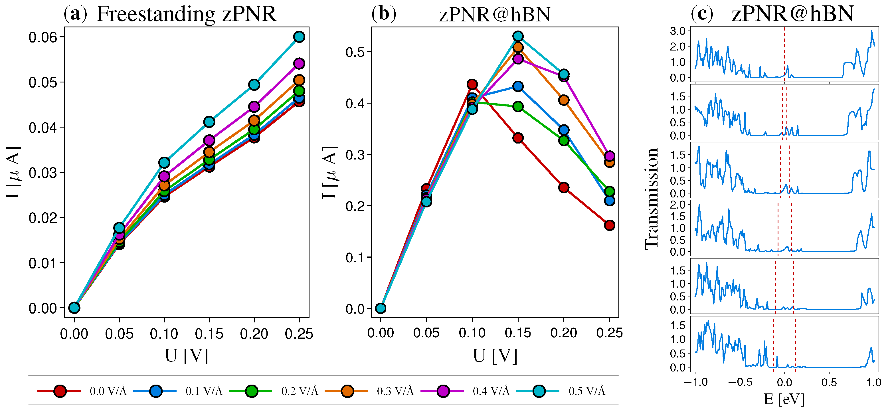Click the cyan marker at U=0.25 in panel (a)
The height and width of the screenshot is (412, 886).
(299, 37)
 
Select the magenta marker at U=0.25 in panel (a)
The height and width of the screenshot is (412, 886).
(299, 64)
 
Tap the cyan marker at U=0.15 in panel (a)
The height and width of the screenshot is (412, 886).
(209, 122)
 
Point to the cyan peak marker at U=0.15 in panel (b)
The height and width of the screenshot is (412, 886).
(518, 36)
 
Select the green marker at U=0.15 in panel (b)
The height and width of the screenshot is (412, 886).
(518, 107)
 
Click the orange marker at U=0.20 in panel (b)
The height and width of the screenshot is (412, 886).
(564, 100)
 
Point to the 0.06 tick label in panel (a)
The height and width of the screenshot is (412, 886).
(43, 37)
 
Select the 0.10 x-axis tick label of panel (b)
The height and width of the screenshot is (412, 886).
(472, 333)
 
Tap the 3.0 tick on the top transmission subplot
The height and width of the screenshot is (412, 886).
(677, 31)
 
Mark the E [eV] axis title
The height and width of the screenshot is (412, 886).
(784, 399)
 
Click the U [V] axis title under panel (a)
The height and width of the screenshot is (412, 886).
(187, 356)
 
